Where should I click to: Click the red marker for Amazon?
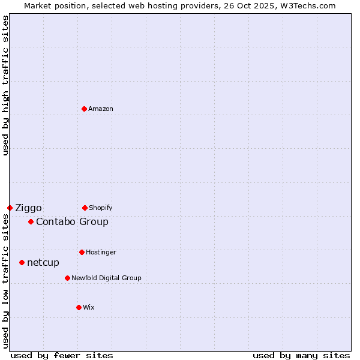coord(84,109)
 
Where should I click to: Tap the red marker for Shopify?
coord(85,208)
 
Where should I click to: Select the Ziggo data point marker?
coord(10,208)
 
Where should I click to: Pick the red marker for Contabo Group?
coord(31,221)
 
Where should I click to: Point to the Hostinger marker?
coord(82,252)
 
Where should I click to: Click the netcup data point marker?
coord(22,262)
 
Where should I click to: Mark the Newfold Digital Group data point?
coord(67,278)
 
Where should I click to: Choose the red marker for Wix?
coord(79,307)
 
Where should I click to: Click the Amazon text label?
coord(101,109)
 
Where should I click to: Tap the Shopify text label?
coord(101,208)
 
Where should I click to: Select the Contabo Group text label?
coord(72,221)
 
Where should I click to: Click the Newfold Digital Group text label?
coord(106,278)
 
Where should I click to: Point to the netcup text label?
coord(43,262)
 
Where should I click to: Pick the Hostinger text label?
coord(101,252)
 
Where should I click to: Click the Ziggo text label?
coord(28,208)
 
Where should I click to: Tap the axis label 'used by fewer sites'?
coord(62,355)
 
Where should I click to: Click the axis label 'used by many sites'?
coord(301,355)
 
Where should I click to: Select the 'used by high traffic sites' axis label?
coord(5,85)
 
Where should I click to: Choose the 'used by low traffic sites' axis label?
coord(5,281)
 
